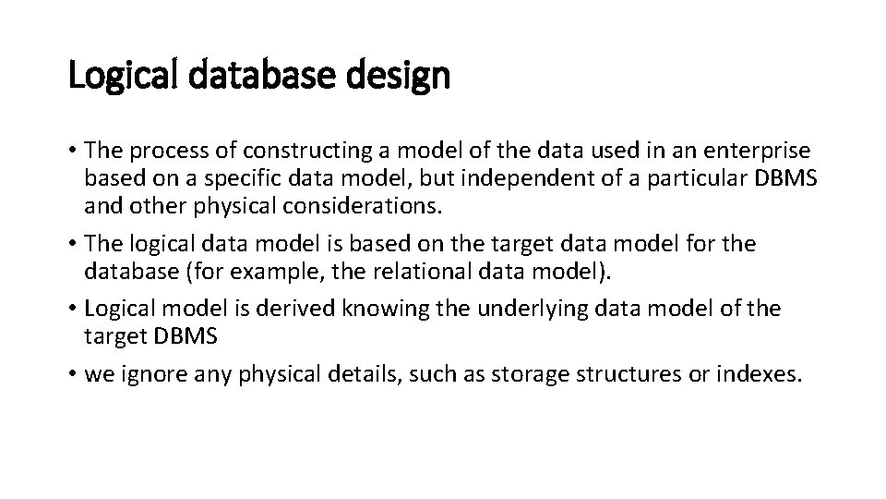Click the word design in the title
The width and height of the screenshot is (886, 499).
(400, 76)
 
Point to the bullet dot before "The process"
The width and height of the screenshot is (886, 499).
(74, 150)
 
